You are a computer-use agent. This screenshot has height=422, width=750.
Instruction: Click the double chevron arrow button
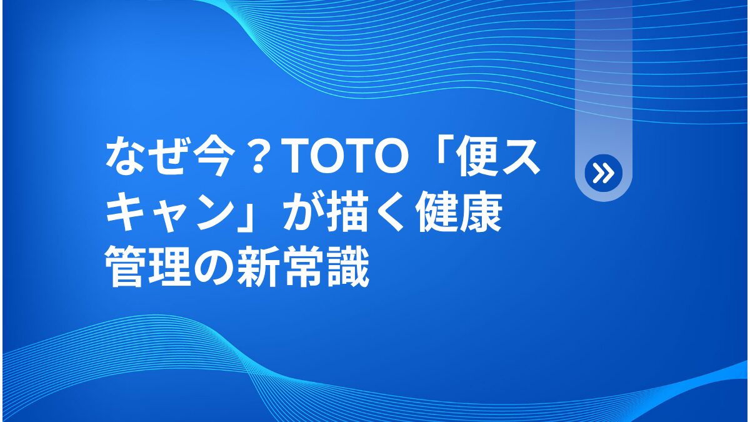click(x=603, y=173)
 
